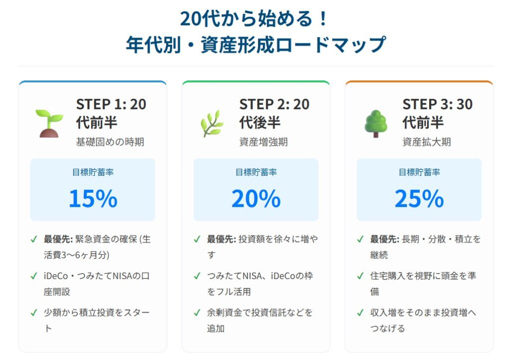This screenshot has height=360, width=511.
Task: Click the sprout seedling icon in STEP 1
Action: (49, 123)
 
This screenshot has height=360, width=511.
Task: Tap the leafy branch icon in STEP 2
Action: (212, 123)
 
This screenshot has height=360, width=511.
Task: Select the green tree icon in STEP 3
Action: (375, 123)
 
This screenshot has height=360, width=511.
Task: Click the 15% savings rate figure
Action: (93, 198)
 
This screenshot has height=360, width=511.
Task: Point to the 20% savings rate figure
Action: (256, 198)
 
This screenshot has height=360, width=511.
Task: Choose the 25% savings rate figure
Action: (419, 198)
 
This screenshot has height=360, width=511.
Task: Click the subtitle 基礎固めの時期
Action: (110, 142)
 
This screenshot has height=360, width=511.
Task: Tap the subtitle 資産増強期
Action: (263, 142)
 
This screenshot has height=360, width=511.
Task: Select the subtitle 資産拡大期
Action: (426, 142)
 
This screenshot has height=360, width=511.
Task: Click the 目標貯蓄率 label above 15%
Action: (93, 172)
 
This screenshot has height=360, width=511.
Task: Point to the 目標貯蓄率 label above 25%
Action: (419, 172)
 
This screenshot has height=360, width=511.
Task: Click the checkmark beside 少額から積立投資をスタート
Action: (34, 313)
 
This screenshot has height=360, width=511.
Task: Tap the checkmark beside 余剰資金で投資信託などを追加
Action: (197, 313)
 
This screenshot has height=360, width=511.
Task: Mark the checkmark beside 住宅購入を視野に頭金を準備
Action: (360, 276)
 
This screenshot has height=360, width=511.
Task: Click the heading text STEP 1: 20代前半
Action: (111, 113)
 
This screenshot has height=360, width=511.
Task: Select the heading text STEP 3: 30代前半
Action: (438, 113)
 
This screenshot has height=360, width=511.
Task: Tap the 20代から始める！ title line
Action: (255, 19)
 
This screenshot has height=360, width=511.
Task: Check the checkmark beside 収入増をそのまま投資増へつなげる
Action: (360, 313)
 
